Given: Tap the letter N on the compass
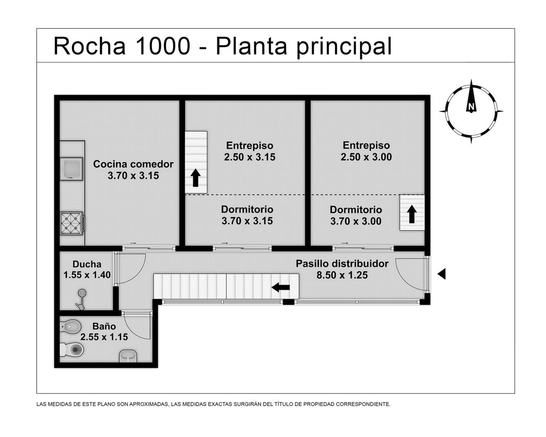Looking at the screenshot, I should pos(471,107).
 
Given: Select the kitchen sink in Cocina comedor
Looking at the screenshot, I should pos(72,169).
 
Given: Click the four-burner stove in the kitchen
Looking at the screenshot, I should pos(72,223).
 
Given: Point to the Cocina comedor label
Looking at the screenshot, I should pos(133,164).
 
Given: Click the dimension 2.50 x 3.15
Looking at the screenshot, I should pos(250,157).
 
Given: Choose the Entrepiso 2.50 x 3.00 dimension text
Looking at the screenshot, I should pos(366,157).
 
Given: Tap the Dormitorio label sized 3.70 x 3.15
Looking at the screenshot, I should pos(247,209).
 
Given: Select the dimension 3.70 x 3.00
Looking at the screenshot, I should pos(356,221).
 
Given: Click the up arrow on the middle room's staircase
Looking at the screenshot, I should pos(196,178).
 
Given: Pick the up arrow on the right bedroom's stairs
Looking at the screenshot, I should pos(412,214).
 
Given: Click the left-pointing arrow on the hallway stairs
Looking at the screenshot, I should pos(281,287).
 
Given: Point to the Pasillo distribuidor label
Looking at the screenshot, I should pos(342,264).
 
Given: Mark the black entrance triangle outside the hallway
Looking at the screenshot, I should pos(442,274).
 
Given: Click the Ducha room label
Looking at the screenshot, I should pos(87,264).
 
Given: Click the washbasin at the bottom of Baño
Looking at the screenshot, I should pos(128,356).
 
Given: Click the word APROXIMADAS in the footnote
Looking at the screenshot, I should pos(149,404).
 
